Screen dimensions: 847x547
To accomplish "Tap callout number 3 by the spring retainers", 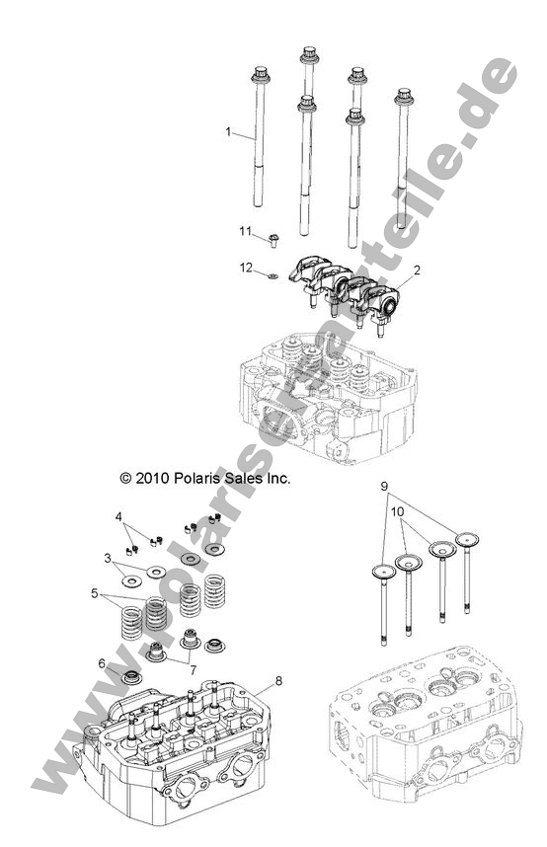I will pyautogui.click(x=108, y=558).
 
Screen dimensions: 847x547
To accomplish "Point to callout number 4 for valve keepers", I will pyautogui.click(x=118, y=516).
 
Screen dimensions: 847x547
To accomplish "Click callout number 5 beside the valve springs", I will pyautogui.click(x=96, y=594).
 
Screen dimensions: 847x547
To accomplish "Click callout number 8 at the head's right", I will pyautogui.click(x=278, y=680).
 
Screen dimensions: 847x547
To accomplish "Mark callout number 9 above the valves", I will pyautogui.click(x=385, y=487).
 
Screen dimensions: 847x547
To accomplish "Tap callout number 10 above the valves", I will pyautogui.click(x=398, y=511).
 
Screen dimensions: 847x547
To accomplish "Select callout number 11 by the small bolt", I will pyautogui.click(x=245, y=231).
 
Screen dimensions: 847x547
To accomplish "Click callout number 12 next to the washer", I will pyautogui.click(x=246, y=267).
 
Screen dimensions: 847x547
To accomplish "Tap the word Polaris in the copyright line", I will pyautogui.click(x=199, y=478).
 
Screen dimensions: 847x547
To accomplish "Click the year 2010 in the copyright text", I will pyautogui.click(x=155, y=478).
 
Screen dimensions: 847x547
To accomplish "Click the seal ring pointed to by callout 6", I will pyautogui.click(x=130, y=677).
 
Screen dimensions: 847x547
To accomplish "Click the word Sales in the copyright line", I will pyautogui.click(x=248, y=478).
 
